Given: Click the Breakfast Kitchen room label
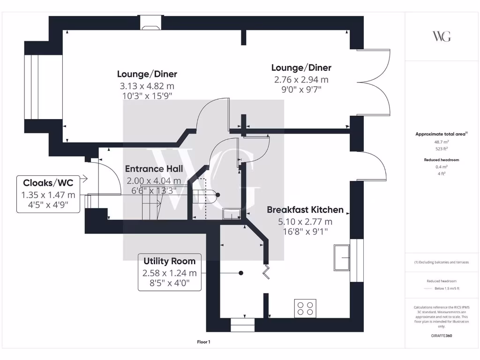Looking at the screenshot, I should tap(305, 210).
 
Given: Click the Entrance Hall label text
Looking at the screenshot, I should tap(154, 169).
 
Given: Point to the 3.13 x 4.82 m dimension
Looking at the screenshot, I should tap(147, 86).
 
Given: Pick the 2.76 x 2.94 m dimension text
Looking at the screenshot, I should tap(301, 80).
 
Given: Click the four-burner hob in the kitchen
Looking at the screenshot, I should tap(305, 308).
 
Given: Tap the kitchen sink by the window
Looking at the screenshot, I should tap(342, 257).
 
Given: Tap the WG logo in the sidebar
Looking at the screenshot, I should tap(442, 36).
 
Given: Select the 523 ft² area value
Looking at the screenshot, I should tap(442, 149).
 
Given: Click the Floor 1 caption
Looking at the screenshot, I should tap(204, 342).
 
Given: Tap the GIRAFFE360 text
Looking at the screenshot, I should tap(442, 336).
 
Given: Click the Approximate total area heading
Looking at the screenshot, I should tap(441, 134).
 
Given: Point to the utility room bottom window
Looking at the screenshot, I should tap(243, 325).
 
